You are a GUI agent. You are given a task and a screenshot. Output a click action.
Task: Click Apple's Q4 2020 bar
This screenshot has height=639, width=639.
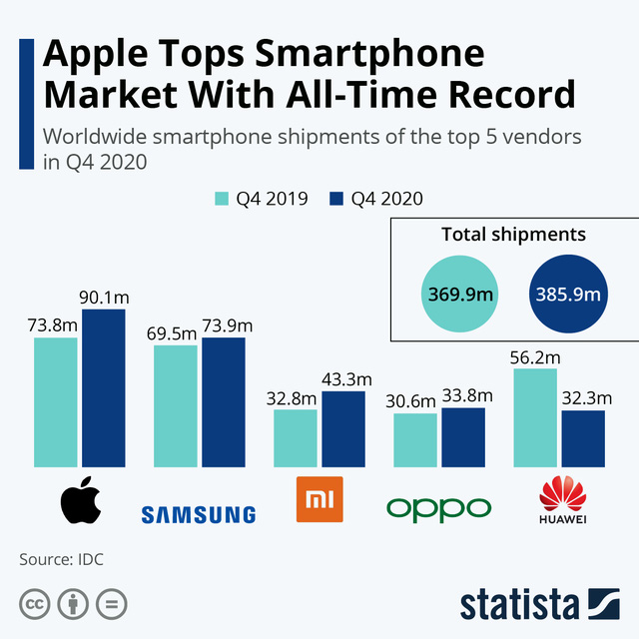104,388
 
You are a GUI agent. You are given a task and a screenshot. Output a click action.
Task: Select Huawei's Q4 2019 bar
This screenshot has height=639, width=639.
535,417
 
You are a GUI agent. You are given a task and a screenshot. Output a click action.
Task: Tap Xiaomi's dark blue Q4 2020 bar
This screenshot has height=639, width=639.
343,429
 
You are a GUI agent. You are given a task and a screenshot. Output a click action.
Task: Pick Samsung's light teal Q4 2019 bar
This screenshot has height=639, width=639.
175,406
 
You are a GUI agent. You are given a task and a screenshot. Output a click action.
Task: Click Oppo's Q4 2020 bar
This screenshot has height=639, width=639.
463,437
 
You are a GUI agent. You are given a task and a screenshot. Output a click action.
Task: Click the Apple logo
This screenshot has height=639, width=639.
81,501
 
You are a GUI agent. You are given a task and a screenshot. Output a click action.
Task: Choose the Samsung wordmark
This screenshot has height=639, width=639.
199,514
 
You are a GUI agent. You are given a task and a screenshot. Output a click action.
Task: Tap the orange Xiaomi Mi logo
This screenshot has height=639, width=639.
319,500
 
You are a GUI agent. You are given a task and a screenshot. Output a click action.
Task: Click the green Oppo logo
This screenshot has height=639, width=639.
438,507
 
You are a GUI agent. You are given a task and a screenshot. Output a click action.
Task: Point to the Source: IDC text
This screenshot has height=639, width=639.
61,559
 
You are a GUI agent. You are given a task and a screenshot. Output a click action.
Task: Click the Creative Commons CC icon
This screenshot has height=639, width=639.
35,604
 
